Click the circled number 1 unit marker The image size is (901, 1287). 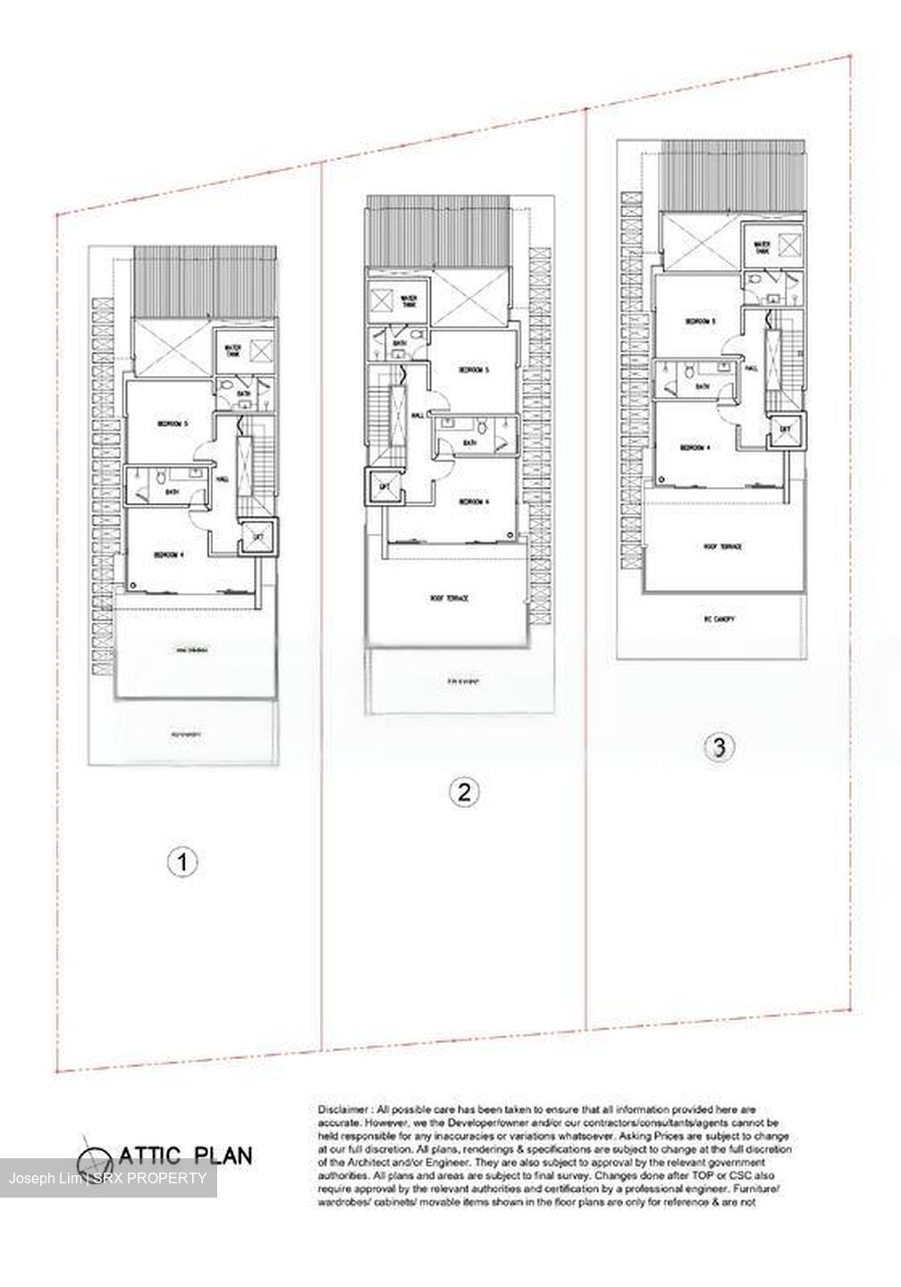click(x=183, y=862)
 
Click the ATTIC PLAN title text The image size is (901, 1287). click(x=182, y=1156)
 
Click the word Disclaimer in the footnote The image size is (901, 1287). click(x=341, y=1109)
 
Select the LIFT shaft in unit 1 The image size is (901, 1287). click(x=258, y=535)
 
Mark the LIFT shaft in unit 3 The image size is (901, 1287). click(x=785, y=431)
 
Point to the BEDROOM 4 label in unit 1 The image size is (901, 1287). click(x=168, y=555)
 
